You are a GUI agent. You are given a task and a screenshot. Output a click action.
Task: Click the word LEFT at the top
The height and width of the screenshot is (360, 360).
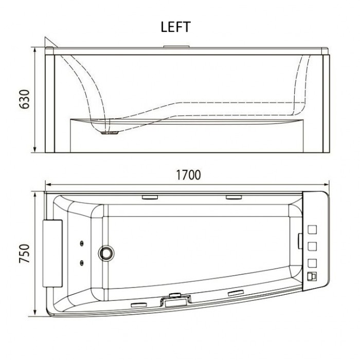tap(176, 27)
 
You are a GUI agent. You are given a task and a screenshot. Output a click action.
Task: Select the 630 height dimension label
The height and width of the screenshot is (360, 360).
tap(24, 99)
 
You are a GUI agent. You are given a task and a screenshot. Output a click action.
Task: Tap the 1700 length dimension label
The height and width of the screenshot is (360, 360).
tap(189, 175)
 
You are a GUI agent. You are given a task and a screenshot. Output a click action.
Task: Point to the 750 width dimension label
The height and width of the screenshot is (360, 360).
tap(24, 254)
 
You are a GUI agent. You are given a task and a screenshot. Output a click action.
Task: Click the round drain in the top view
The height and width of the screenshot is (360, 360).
tap(106, 253)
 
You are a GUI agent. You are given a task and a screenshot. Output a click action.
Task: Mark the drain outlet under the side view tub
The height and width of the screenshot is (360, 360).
tap(110, 133)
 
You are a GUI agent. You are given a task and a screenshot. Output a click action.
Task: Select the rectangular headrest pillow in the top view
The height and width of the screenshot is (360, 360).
tap(52, 254)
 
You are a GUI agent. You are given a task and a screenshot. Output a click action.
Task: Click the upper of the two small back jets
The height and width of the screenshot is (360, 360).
tap(82, 243)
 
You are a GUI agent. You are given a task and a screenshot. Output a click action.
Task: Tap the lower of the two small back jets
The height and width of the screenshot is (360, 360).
tap(82, 263)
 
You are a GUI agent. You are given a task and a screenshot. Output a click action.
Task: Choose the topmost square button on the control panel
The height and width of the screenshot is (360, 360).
tap(312, 229)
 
